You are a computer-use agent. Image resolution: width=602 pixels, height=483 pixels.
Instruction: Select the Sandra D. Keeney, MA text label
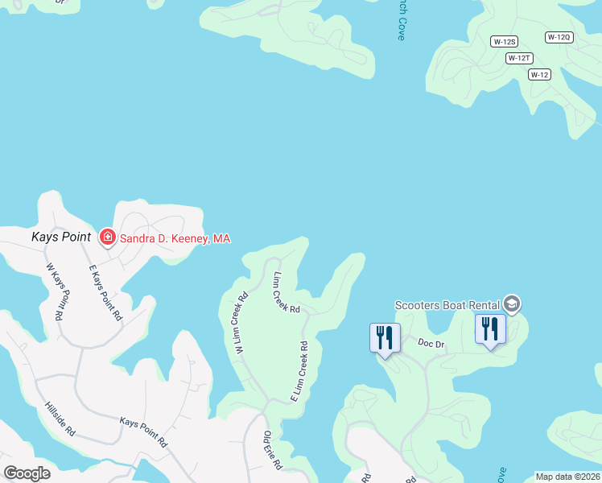[175, 238]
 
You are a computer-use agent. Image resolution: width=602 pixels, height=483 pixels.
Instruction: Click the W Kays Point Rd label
[54, 291]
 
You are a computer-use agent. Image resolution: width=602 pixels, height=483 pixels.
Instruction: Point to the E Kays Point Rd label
[105, 293]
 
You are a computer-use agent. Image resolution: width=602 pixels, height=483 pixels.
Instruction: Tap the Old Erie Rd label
[273, 451]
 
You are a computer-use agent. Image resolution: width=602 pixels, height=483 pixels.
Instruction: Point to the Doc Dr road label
[431, 343]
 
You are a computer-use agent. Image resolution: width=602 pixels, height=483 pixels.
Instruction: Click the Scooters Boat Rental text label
[447, 305]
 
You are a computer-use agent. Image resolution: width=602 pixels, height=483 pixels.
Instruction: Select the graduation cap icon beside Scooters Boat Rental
[512, 304]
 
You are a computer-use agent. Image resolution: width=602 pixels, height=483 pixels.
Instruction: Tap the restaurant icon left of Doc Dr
[385, 337]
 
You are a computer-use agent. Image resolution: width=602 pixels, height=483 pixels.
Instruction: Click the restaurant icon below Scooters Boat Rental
[489, 329]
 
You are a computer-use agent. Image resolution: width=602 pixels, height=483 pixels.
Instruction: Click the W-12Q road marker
[559, 37]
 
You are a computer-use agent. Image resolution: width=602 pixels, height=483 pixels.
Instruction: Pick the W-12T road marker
[519, 58]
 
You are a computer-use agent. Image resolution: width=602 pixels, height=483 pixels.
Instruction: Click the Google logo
[27, 473]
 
